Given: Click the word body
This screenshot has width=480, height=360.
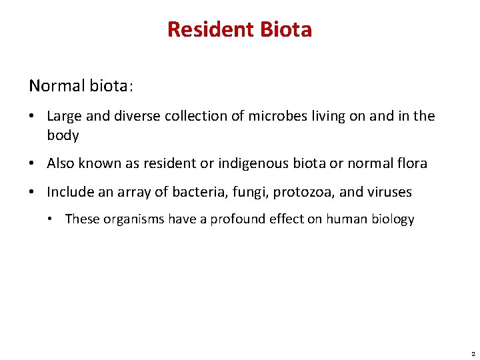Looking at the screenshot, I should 63,135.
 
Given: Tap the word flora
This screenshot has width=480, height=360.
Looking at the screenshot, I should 410,163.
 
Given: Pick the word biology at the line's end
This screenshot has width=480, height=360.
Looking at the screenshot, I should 392,219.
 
